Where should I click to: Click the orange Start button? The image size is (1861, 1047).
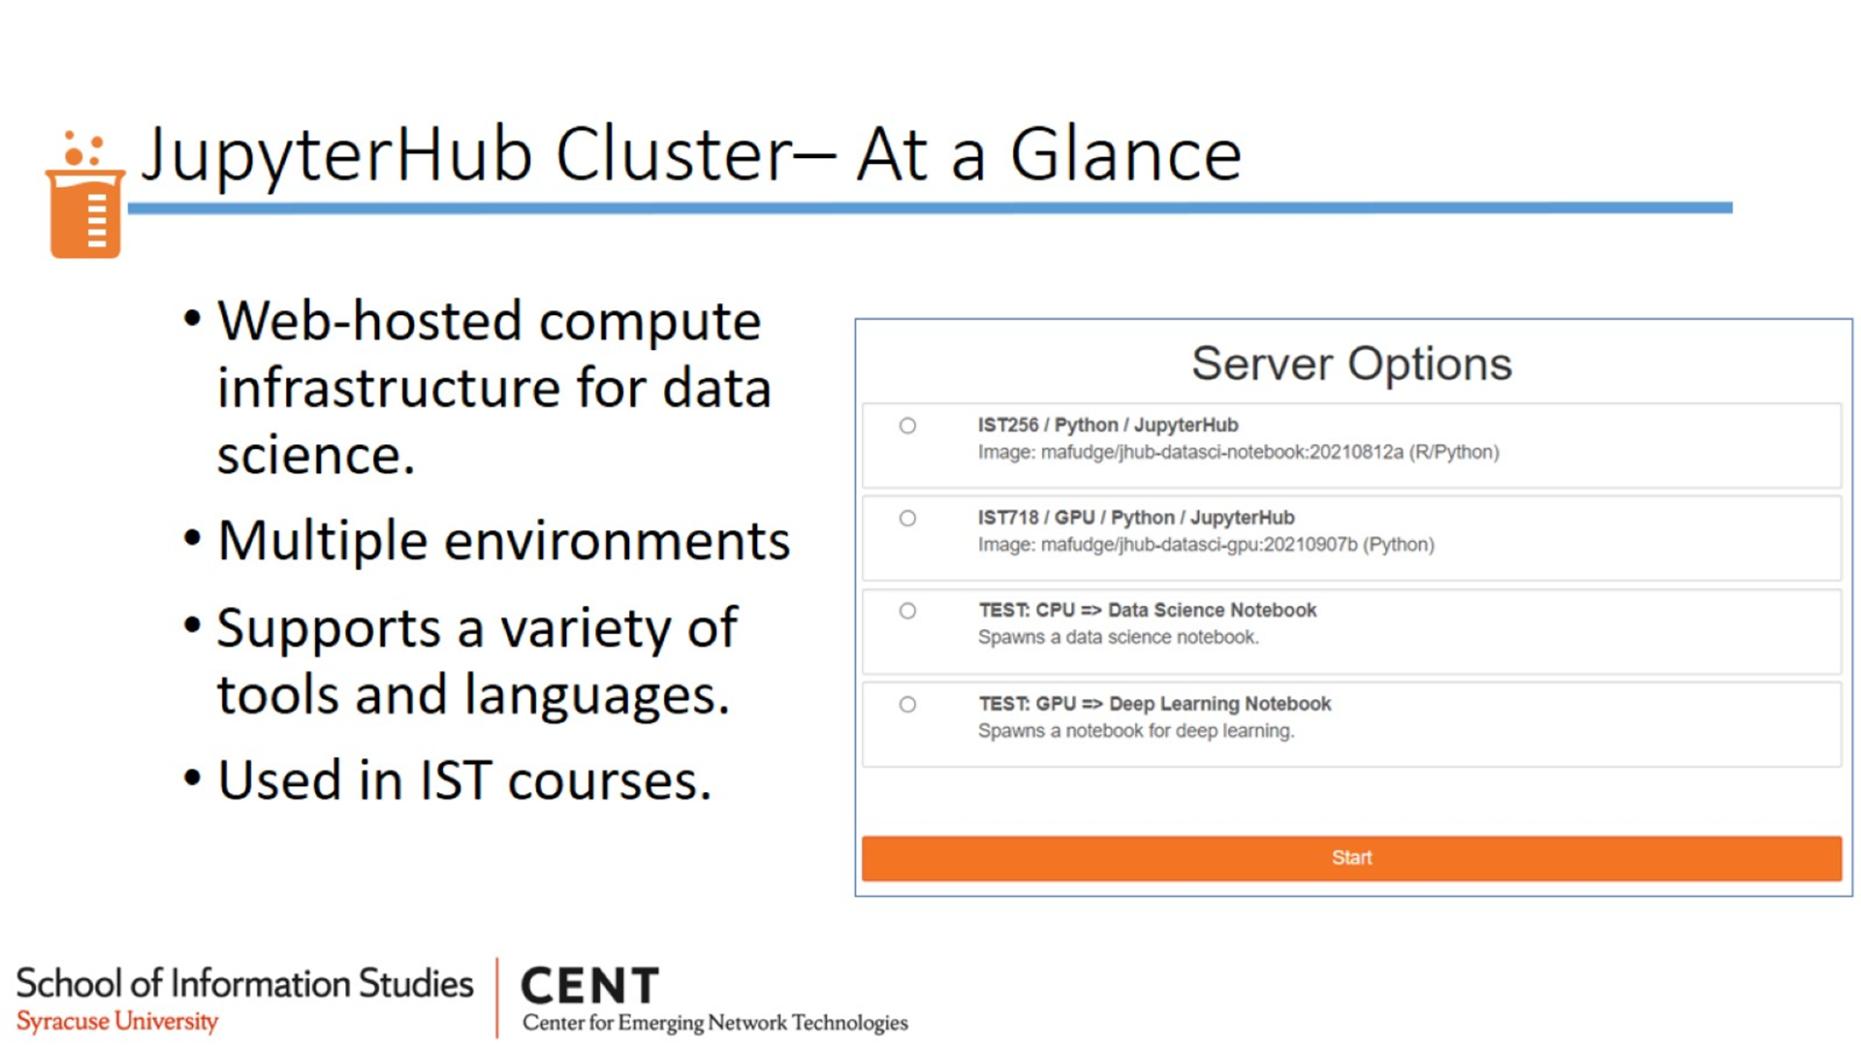1351,858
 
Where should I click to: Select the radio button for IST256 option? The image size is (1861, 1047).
907,426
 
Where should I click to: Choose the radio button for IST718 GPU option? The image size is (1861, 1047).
907,519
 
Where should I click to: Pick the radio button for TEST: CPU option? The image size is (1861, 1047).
907,611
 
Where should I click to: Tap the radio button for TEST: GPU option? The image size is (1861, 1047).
907,705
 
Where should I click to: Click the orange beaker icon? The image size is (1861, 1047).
85,194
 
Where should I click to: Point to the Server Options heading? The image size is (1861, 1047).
1351,365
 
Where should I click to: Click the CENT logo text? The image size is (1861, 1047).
590,987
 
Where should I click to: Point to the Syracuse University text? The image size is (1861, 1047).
117,1022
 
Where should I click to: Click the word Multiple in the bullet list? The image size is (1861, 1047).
322,541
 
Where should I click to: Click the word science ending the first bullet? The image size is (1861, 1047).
316,456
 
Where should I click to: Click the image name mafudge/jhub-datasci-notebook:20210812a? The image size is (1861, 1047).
1222,453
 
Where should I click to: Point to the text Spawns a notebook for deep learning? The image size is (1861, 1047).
1136,731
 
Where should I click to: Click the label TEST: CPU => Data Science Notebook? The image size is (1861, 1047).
1148,611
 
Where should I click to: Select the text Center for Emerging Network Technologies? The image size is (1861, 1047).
715,1023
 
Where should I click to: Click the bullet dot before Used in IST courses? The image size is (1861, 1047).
192,777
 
